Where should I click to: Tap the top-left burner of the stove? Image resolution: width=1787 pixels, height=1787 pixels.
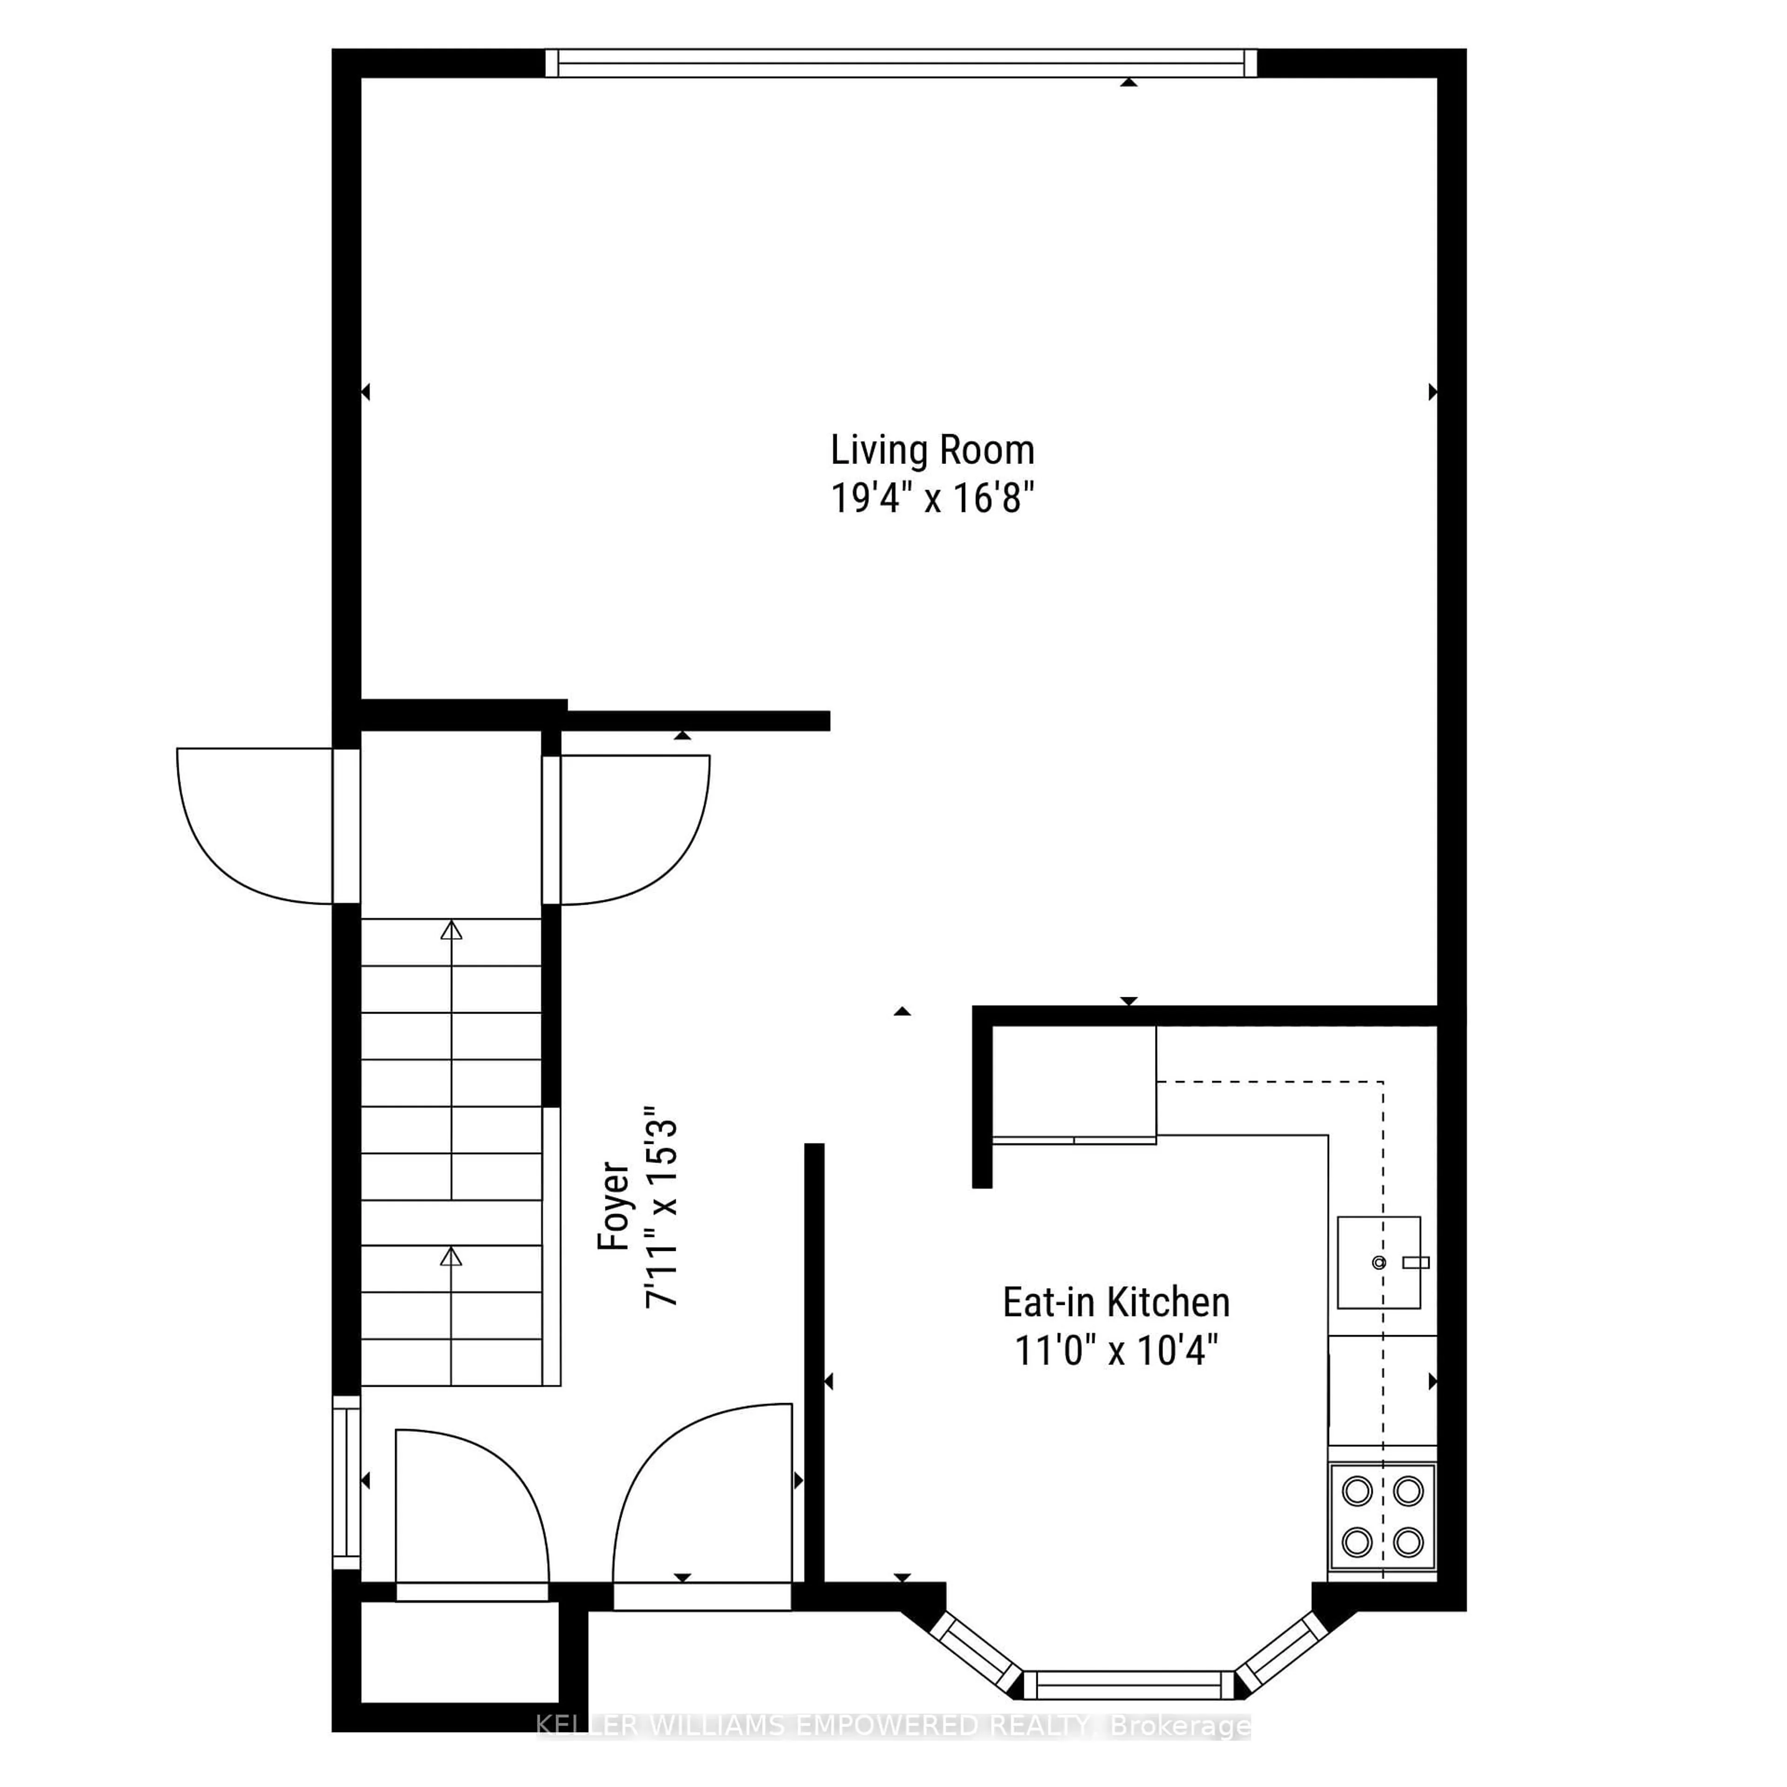1357,1491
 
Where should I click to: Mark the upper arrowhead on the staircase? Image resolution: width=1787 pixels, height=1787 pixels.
450,931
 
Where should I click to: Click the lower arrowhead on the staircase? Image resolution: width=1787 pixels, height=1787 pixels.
450,1256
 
